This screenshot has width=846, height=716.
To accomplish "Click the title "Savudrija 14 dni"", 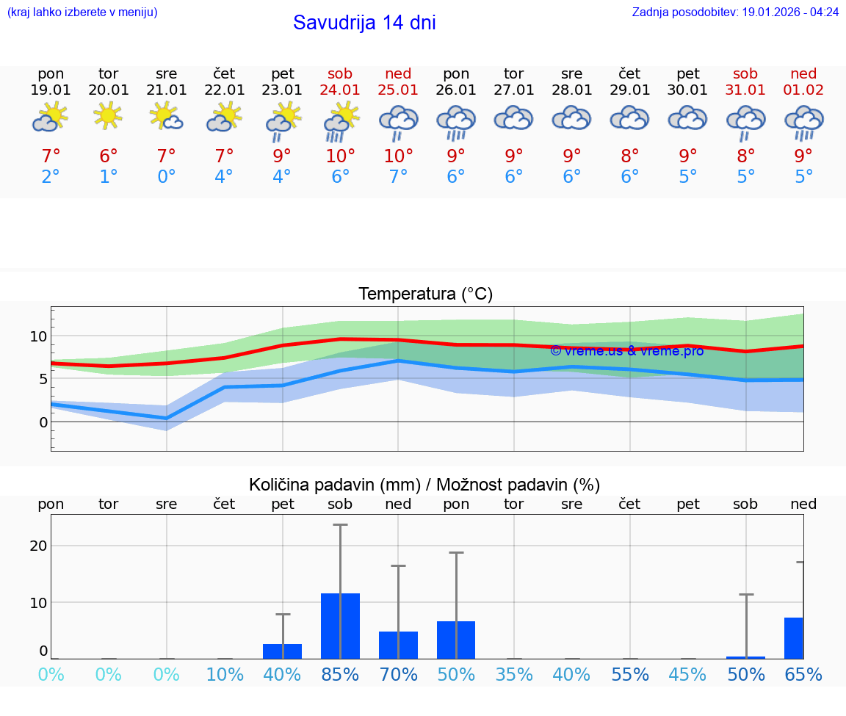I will pyautogui.click(x=364, y=23).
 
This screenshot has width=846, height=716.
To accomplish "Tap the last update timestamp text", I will pyautogui.click(x=735, y=12).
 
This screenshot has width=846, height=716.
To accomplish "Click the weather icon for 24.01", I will pyautogui.click(x=341, y=121).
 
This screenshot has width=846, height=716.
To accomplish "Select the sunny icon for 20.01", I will pyautogui.click(x=109, y=116).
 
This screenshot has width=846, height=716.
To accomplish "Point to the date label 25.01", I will pyautogui.click(x=398, y=90).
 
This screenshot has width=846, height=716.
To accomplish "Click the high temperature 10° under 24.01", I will pyautogui.click(x=341, y=156).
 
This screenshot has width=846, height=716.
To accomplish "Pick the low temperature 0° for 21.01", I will pyautogui.click(x=167, y=177).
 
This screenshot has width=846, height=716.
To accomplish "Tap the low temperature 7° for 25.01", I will pyautogui.click(x=398, y=177).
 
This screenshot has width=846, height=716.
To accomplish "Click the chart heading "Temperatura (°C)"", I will pyautogui.click(x=425, y=294).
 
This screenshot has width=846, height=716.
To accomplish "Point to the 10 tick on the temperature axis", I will pyautogui.click(x=39, y=336).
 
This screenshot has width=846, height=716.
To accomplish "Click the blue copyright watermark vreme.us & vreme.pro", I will pyautogui.click(x=626, y=351).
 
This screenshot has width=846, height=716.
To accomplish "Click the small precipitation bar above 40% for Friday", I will pyautogui.click(x=283, y=651).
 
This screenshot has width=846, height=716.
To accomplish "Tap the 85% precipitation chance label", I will pyautogui.click(x=340, y=675).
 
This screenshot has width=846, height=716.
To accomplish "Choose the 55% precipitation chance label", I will pyautogui.click(x=630, y=675).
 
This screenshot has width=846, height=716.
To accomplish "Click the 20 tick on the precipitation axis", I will pyautogui.click(x=38, y=546).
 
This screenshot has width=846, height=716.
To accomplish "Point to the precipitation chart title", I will pyautogui.click(x=424, y=485).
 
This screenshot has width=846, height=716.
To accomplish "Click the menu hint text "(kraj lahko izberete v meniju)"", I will pyautogui.click(x=82, y=12).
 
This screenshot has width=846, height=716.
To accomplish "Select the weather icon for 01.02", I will pyautogui.click(x=804, y=121).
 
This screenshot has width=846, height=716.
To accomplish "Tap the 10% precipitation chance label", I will pyautogui.click(x=225, y=675).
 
